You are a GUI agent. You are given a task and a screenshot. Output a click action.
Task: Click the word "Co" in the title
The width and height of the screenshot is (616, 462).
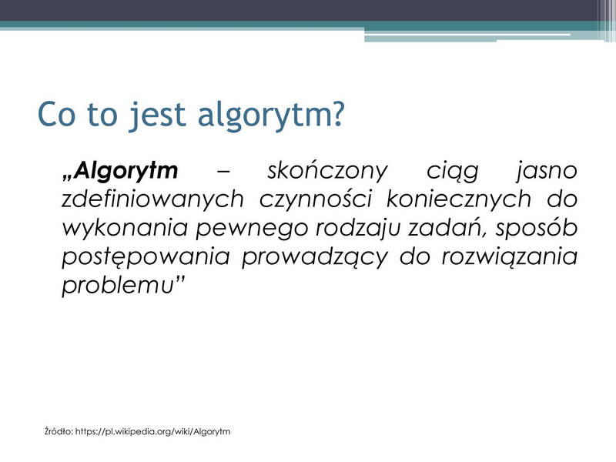tap(56, 114)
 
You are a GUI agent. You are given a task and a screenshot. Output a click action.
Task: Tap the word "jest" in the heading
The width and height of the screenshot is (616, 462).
tap(156, 116)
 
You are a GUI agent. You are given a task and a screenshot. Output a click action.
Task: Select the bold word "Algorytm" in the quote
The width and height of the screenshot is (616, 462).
tap(126, 171)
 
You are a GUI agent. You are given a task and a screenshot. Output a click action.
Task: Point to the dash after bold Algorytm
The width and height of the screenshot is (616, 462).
tap(223, 172)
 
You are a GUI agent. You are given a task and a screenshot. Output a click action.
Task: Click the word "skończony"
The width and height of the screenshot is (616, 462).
tap(327, 171)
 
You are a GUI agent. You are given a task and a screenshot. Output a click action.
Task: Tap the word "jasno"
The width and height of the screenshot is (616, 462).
tap(547, 172)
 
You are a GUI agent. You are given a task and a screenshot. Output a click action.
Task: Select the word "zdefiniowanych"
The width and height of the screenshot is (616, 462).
tap(152, 199)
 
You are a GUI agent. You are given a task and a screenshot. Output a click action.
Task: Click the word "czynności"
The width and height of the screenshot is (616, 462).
tap(316, 199)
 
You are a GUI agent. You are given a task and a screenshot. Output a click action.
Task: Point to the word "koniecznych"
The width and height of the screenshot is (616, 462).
tap(458, 199)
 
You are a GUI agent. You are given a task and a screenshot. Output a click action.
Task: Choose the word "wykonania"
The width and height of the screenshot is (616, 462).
tap(125, 228)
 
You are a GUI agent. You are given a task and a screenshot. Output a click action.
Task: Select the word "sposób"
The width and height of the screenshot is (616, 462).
tap(536, 228)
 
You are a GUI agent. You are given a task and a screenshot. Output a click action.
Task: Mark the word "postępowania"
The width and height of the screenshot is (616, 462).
tap(146, 257)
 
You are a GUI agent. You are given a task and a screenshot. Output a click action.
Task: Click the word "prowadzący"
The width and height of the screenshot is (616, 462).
tap(315, 257)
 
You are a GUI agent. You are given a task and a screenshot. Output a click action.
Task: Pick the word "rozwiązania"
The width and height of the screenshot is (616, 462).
tap(510, 256)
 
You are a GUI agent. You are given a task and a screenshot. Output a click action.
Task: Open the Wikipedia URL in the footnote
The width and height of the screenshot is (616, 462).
tap(152, 432)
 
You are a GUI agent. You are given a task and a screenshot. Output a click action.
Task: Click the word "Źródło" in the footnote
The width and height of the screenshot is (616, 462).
tap(59, 431)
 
